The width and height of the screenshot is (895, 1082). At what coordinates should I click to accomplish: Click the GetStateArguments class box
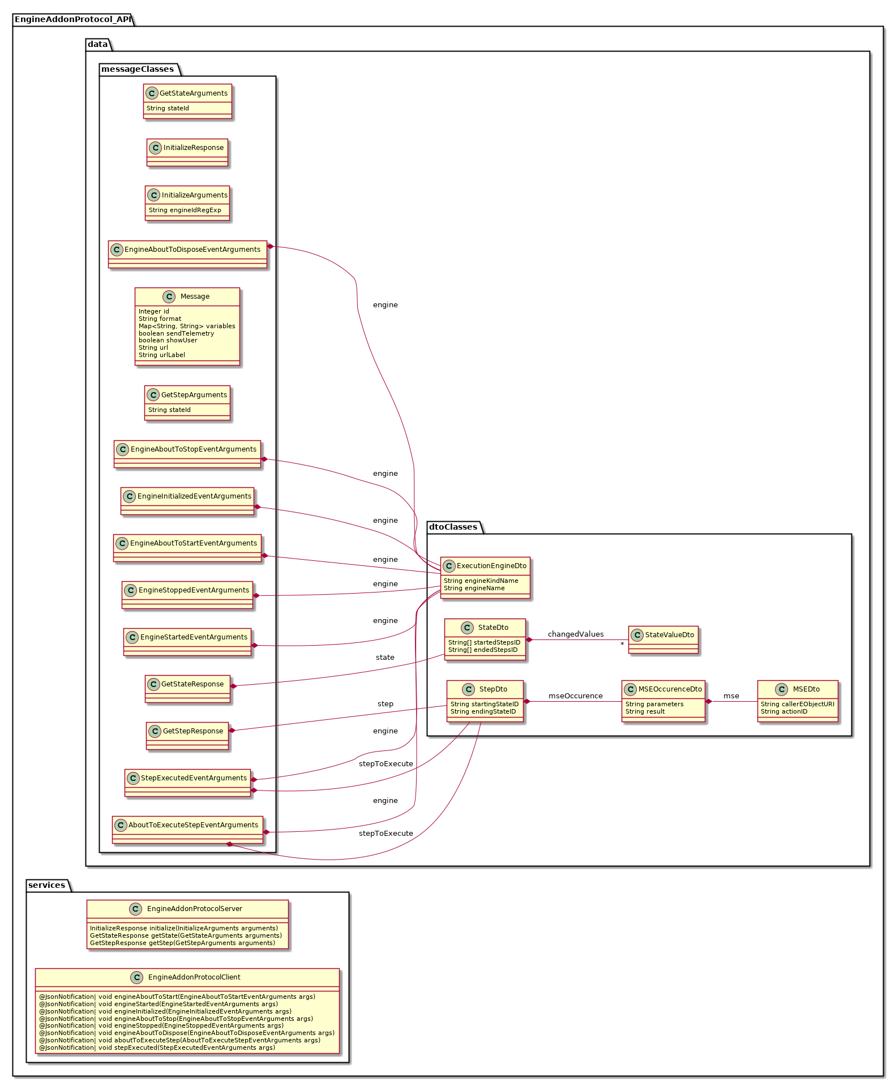coord(187,101)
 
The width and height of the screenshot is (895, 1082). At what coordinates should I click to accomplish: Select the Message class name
coord(195,297)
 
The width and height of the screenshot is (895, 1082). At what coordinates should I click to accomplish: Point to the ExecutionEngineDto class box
coord(485,577)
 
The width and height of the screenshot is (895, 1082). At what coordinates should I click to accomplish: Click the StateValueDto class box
coord(663,639)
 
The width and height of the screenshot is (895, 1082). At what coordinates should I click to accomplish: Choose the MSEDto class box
coord(798,701)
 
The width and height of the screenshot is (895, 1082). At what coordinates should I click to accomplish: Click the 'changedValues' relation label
coord(575,634)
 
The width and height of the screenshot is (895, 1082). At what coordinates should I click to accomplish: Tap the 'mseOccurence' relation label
coord(575,696)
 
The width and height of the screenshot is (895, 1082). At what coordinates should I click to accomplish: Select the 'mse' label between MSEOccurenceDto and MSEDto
coord(731,696)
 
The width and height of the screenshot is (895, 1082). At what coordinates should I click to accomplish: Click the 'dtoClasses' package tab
coord(453,527)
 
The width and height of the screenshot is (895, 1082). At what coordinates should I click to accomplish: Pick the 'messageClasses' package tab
coord(138,69)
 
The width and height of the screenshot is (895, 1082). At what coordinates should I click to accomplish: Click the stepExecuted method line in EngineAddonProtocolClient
coord(157,1047)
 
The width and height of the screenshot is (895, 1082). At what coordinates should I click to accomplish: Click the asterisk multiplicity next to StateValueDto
coord(622,645)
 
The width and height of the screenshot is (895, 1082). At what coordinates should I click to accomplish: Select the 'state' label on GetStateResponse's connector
coord(385,658)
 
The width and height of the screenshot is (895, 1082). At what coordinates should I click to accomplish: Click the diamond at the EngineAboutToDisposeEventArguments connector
coord(271,246)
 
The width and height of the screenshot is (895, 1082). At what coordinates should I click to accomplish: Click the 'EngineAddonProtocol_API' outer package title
coord(72,19)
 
